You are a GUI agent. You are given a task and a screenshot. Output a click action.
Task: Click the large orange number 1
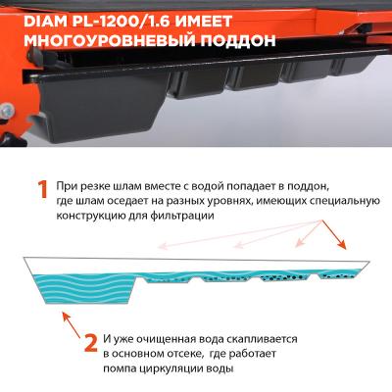42,190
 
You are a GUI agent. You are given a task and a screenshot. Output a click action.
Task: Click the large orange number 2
90,345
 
